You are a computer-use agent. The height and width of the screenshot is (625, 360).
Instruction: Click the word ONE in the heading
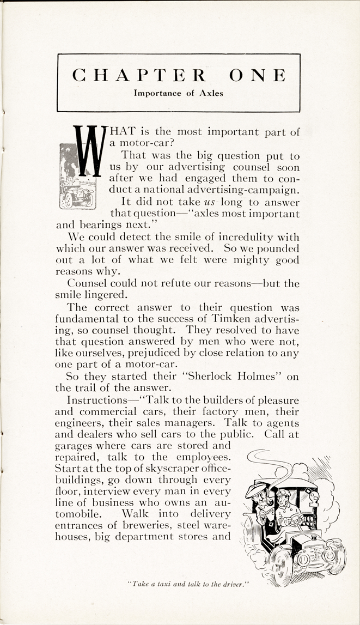tap(258, 75)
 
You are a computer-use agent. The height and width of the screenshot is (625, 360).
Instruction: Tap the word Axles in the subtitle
tap(210, 93)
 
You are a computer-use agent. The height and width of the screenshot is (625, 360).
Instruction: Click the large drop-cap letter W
tap(87, 150)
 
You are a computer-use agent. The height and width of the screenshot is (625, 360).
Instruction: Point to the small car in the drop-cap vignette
tap(74, 194)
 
